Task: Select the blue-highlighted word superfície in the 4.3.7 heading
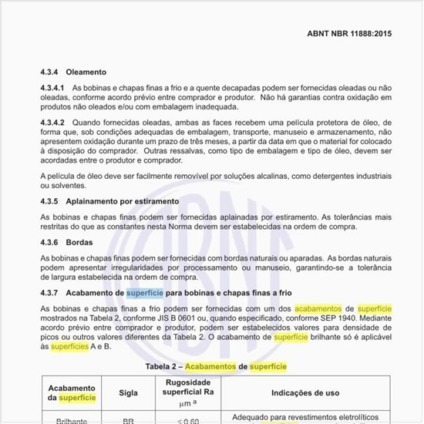click(145, 293)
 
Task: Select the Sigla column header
click(128, 392)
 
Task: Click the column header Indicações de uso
click(305, 392)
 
